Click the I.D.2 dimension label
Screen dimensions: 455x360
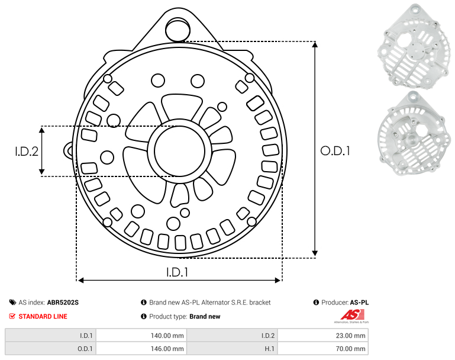pos(27,151)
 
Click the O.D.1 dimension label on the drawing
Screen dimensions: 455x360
pos(335,151)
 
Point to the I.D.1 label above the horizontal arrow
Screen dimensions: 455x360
pos(178,272)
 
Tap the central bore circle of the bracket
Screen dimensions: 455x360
pos(180,151)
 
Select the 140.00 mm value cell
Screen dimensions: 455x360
pos(141,336)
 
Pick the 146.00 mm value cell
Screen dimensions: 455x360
pos(141,348)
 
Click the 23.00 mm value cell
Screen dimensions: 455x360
pos(323,336)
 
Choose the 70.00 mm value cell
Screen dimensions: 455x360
pos(323,348)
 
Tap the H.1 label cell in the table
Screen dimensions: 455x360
pos(232,348)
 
